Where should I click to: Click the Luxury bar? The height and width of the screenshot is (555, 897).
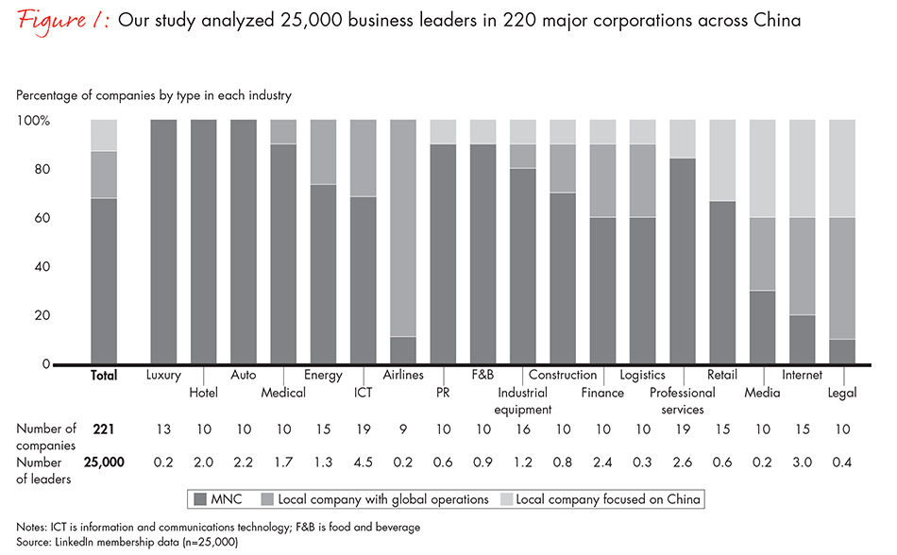point(163,242)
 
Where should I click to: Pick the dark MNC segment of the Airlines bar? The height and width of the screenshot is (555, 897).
point(403,350)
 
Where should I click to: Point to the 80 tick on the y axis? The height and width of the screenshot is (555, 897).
point(43,170)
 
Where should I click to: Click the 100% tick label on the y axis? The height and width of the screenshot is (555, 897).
point(33,121)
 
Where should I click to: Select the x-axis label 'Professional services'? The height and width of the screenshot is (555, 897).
point(682,401)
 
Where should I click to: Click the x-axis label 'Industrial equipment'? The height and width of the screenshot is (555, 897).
point(521,401)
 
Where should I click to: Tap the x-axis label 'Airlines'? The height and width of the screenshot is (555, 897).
point(403,376)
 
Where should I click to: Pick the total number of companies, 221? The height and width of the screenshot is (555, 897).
point(104,429)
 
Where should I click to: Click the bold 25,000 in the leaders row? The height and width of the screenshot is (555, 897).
point(104,462)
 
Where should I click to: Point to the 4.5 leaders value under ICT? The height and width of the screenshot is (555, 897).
point(363,462)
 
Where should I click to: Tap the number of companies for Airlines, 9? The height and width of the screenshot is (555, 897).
point(403,429)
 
